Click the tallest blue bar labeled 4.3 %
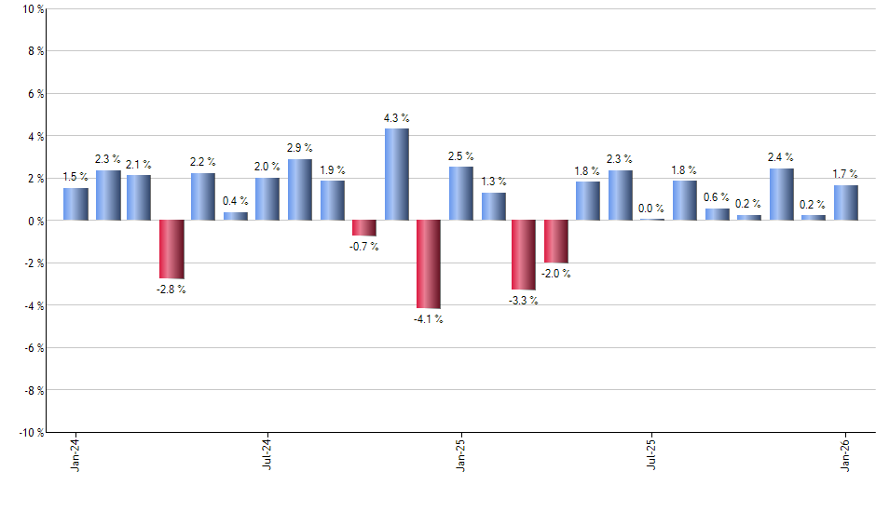(396, 174)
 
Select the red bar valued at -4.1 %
(428, 263)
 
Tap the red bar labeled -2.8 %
(171, 249)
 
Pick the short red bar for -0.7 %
(363, 228)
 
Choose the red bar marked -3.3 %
(524, 255)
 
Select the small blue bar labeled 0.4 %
(236, 216)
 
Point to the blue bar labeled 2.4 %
(781, 195)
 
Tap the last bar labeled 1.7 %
(845, 202)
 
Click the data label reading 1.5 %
(75, 177)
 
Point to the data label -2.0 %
(556, 274)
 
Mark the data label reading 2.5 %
(460, 156)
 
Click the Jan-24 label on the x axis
(75, 454)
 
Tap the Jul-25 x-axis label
(651, 454)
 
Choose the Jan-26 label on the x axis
(845, 454)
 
